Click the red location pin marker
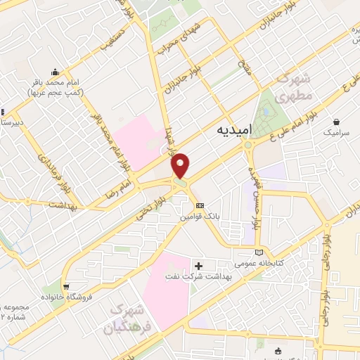click(181, 165)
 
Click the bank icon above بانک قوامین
click(200, 205)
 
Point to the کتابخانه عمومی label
click(283, 262)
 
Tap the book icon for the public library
click(260, 252)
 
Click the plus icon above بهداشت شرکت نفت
click(198, 266)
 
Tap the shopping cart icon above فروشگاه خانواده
click(65, 287)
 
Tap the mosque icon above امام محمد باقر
click(54, 72)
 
